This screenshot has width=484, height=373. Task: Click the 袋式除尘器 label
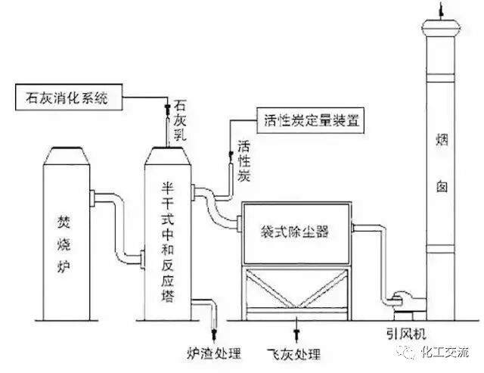[x=295, y=227]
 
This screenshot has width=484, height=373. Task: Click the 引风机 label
[x=399, y=333]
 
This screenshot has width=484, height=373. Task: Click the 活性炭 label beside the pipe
[x=244, y=159]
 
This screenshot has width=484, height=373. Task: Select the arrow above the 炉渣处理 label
[x=213, y=333]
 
